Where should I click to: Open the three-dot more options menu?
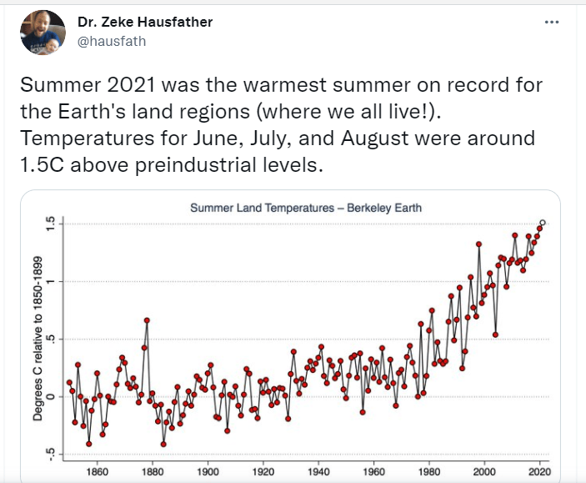552,22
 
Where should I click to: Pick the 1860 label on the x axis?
97,470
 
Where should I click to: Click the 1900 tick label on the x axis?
208,470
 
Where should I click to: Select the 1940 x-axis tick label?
318,470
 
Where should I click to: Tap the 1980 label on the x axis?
429,470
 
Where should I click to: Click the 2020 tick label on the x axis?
539,470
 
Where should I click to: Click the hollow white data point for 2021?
543,223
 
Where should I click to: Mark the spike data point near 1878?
147,320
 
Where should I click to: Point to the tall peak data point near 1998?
478,244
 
